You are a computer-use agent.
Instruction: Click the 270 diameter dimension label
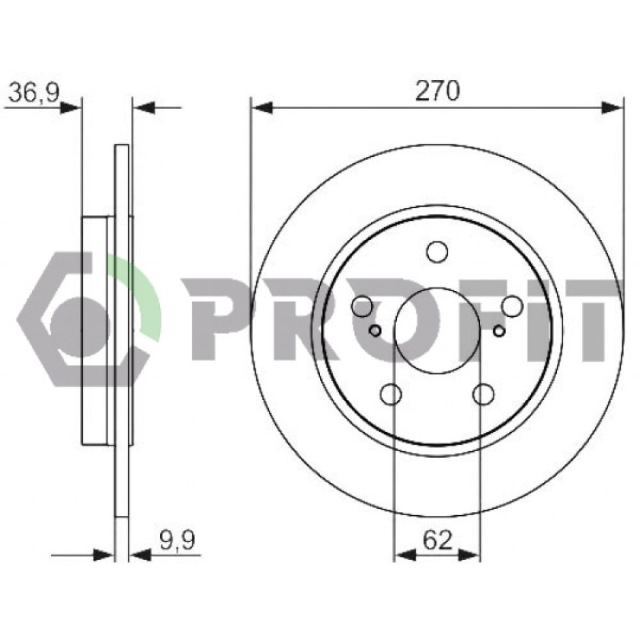tap(437, 91)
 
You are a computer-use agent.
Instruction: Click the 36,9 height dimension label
tap(35, 92)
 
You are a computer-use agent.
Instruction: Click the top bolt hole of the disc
tap(437, 251)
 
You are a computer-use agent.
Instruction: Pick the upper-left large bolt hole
tap(362, 306)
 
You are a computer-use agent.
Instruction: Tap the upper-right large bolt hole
tap(512, 306)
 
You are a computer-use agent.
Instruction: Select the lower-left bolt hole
tap(390, 394)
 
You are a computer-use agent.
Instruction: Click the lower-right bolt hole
tap(483, 394)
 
